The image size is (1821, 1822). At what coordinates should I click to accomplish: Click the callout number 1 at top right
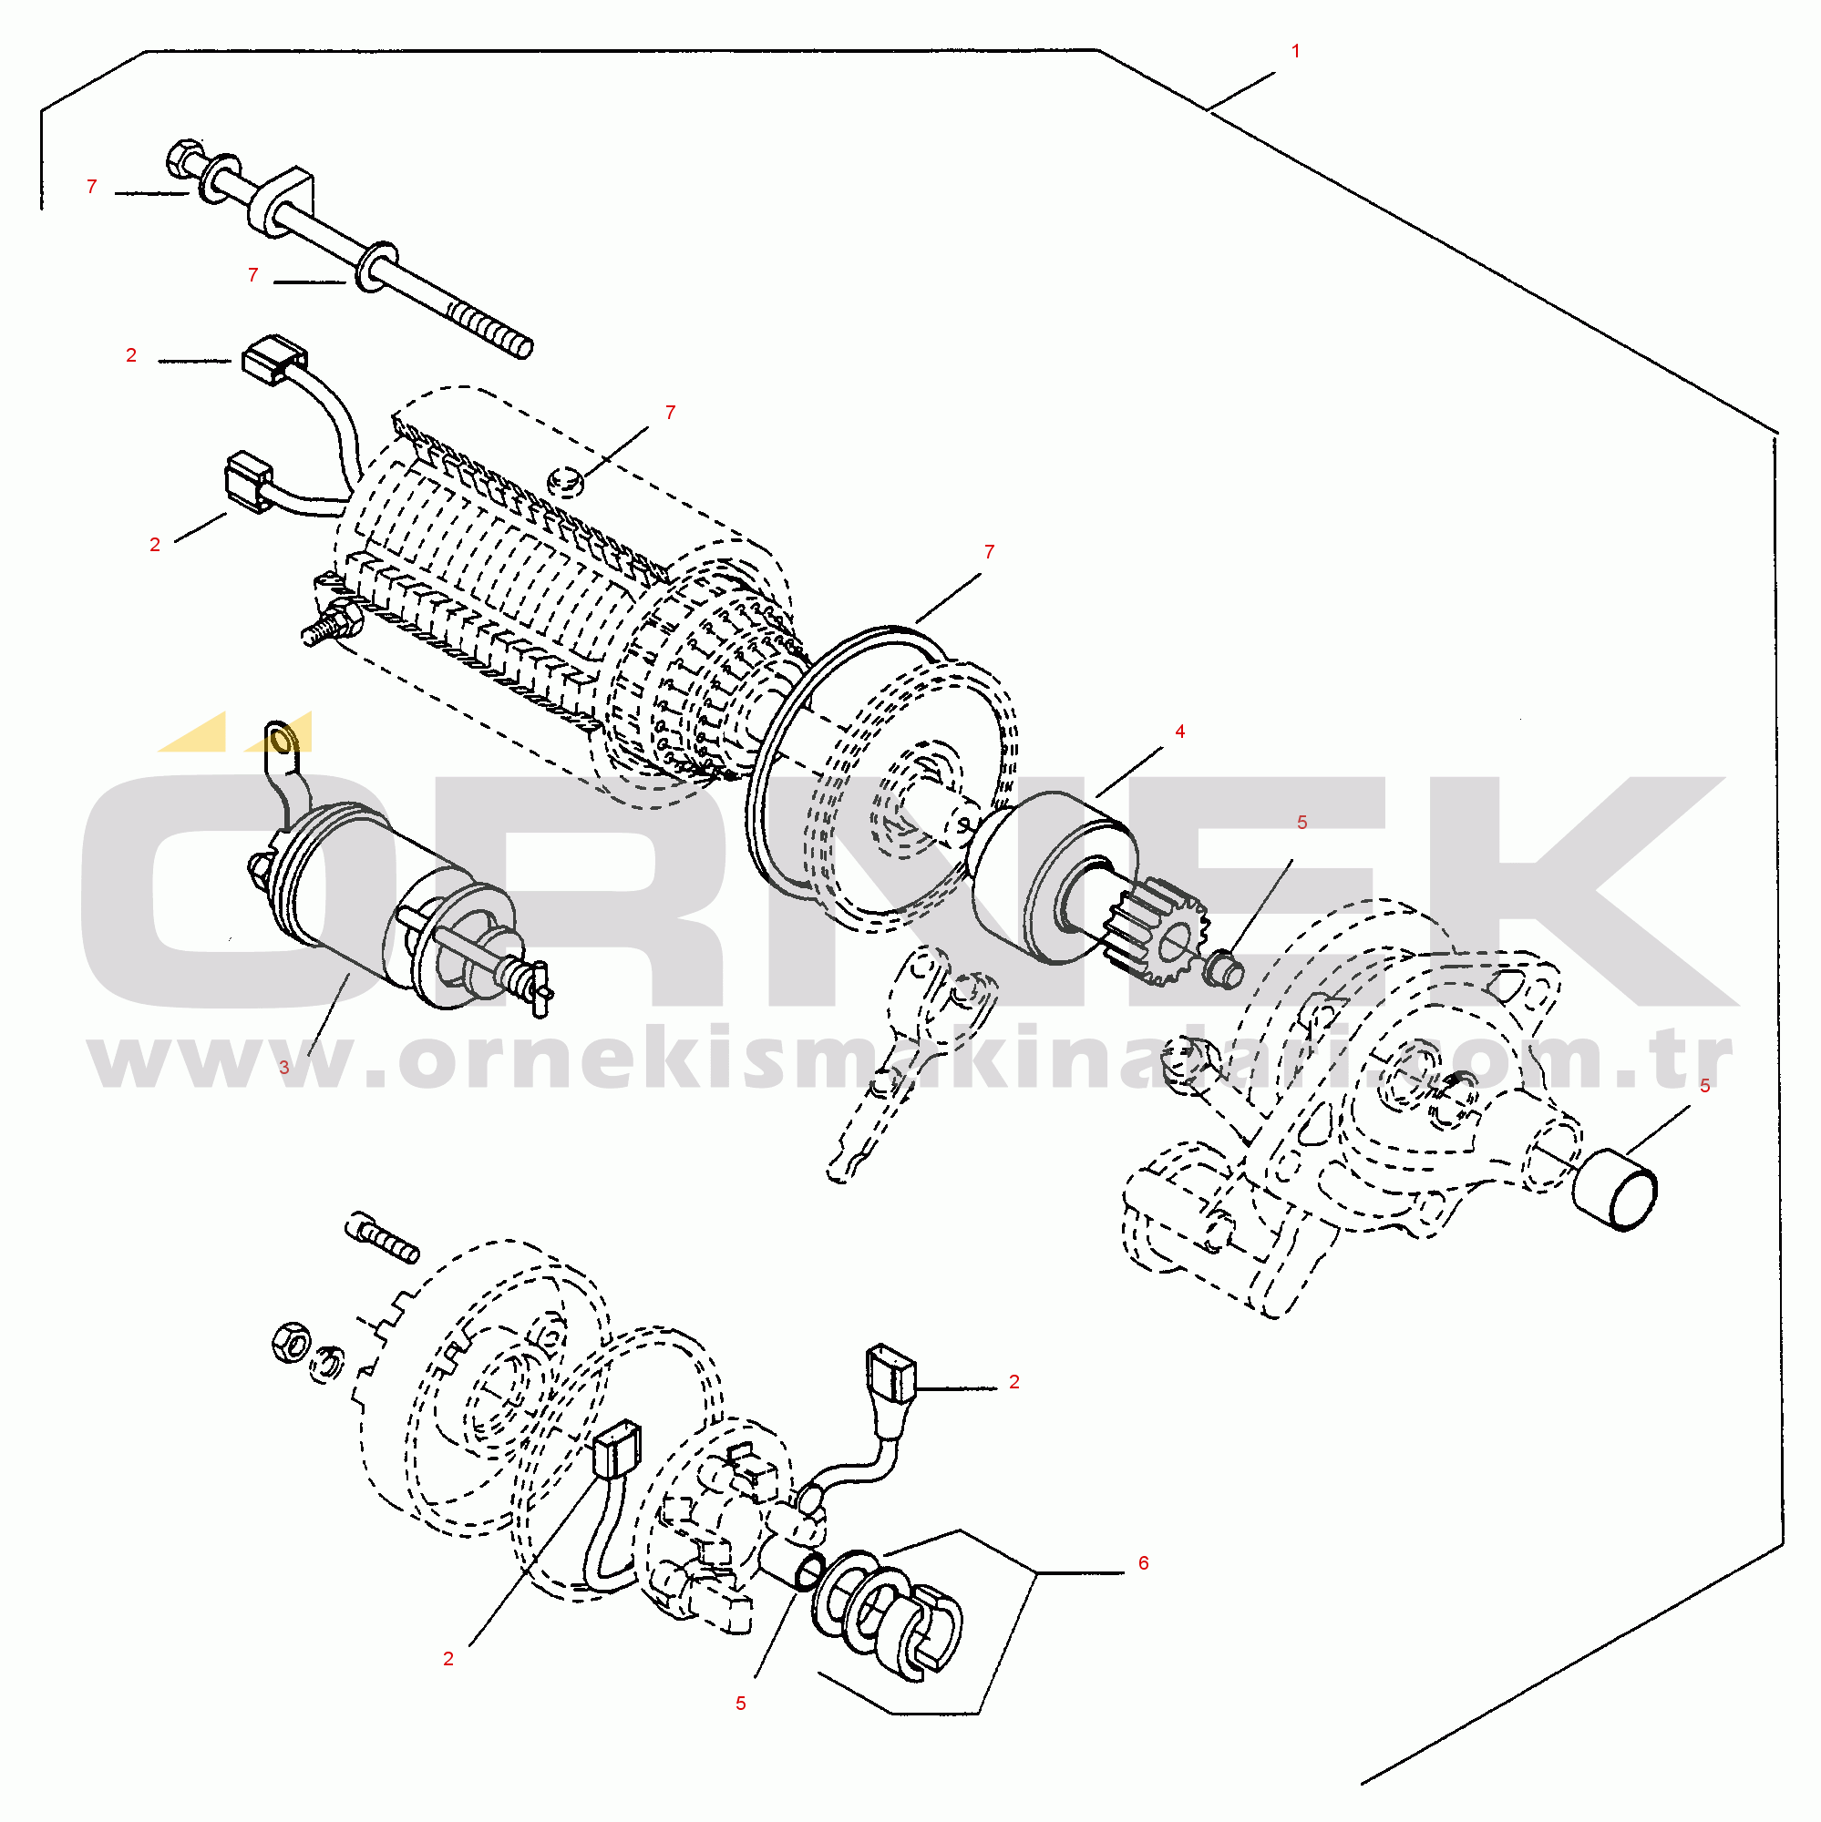[1295, 51]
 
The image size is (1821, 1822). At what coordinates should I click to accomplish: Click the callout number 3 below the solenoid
[284, 1069]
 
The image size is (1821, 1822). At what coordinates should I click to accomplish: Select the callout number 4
[1179, 732]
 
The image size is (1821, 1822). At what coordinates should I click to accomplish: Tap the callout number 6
[1144, 1563]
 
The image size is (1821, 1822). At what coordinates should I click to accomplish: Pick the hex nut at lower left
[290, 1341]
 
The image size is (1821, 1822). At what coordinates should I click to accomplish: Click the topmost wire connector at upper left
[274, 358]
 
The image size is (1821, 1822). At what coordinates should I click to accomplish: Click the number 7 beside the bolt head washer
[91, 187]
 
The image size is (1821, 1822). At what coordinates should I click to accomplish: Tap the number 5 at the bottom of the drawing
[741, 1704]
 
